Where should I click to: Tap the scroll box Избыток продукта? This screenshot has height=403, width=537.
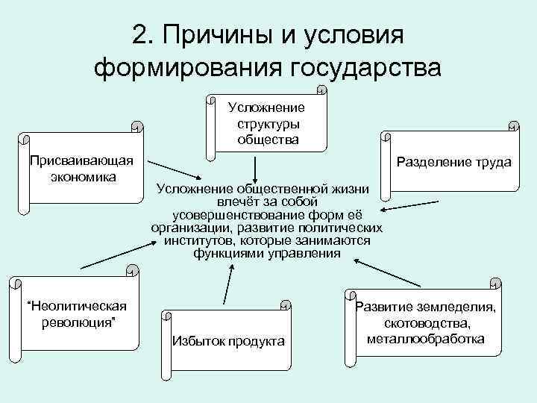point(228,340)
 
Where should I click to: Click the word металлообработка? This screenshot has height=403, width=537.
point(426,338)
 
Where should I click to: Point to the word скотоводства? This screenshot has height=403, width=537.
point(427,323)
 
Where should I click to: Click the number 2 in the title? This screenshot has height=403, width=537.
point(140,34)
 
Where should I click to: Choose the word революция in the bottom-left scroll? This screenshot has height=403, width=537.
point(77,322)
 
